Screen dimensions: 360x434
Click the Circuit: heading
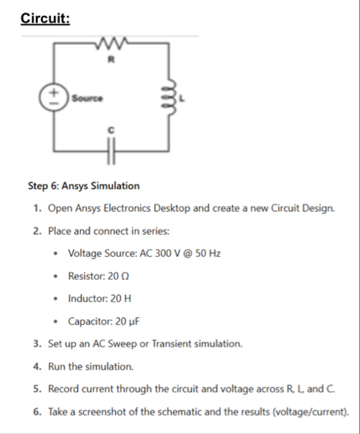coord(45,18)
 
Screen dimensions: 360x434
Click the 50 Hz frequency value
coord(207,253)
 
